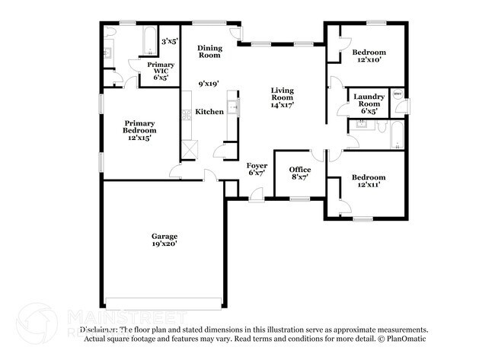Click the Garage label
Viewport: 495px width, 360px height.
(x=164, y=236)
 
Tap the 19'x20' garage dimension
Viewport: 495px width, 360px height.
(x=164, y=244)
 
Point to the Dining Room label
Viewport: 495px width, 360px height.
(x=209, y=52)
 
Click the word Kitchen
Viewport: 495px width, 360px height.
(x=209, y=112)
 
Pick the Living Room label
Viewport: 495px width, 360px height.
(x=283, y=94)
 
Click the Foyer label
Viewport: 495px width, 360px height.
(x=256, y=164)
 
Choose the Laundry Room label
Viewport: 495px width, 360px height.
(x=369, y=100)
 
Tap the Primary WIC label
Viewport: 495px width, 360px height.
(x=161, y=69)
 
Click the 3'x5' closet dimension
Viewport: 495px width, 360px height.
(x=169, y=41)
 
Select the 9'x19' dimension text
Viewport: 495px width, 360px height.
(x=209, y=84)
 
